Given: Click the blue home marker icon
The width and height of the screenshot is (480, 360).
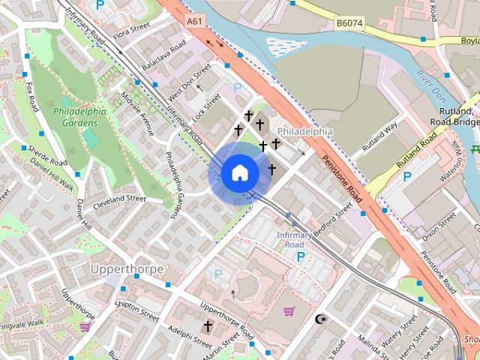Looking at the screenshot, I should tap(239, 173).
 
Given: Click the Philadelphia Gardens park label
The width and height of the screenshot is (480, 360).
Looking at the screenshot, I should tap(79, 117).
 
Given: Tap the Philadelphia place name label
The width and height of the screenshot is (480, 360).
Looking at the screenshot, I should tap(304, 131).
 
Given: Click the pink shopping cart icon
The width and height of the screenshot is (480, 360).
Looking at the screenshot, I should tap(289, 311).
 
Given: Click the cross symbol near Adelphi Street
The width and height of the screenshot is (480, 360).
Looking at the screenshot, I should tap(207, 326).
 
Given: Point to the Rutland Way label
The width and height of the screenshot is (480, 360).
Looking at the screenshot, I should tap(379, 137).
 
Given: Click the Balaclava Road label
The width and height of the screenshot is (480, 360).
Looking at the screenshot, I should tap(164, 56).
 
